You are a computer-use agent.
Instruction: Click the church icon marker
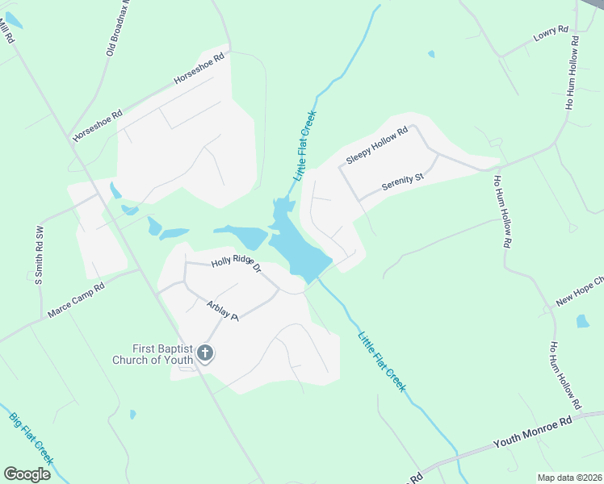point(205,353)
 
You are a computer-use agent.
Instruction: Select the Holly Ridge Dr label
point(236,264)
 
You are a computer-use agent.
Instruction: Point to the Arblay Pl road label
point(223,311)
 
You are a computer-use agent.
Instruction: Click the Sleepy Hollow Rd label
point(377,146)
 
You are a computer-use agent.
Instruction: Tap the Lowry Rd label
point(552,35)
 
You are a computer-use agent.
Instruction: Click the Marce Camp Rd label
point(76,299)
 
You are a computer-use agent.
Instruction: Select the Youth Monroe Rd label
point(532,432)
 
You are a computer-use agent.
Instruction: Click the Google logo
point(27,474)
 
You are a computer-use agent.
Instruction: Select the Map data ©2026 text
point(570,478)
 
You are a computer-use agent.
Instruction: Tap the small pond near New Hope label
point(582,321)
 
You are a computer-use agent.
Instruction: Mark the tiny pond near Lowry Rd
point(431,54)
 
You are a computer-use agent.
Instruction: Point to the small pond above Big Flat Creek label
point(132,415)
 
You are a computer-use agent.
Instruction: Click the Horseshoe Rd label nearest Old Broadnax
point(199,70)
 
